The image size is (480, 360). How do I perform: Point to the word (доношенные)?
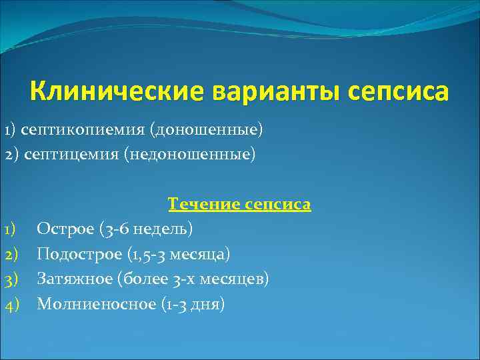pos(207,129)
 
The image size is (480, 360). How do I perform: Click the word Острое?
pos(65,229)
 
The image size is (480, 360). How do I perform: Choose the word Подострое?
pos(77,254)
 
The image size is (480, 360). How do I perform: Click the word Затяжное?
pos(74,279)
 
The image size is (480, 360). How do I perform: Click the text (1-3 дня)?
pos(193,304)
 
